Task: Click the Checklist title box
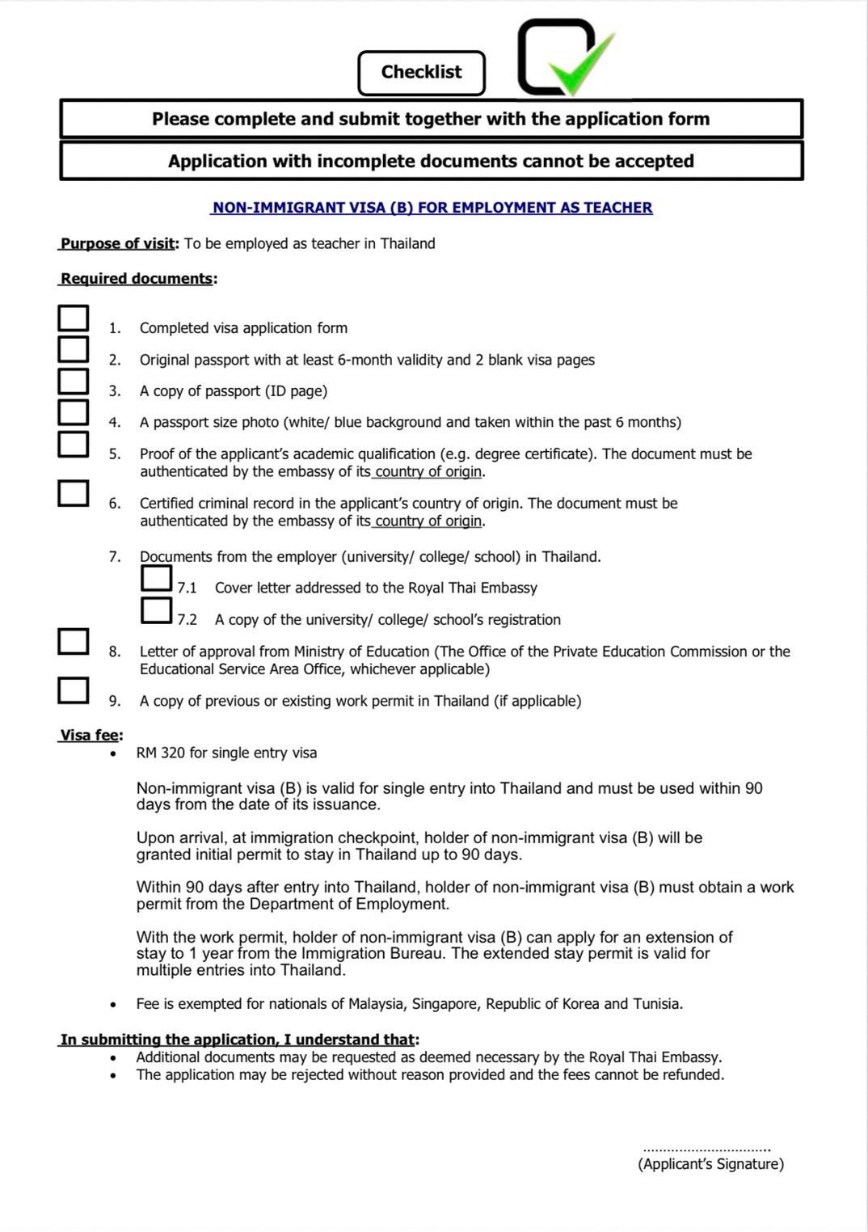coord(421,73)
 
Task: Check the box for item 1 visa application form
coord(73,318)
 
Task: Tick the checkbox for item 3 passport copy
coord(73,381)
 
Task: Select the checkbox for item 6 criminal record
coord(73,493)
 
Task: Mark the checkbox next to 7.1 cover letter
coord(156,578)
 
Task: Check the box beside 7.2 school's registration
coord(156,610)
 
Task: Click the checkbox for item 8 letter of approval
coord(73,641)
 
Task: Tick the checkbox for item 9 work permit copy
coord(73,690)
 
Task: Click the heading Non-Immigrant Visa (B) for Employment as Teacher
coord(432,208)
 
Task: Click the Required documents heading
coord(137,279)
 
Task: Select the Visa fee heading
coord(90,736)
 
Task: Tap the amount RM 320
coord(161,753)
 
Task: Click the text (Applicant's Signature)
coord(710,1164)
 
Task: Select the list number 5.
coord(115,454)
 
